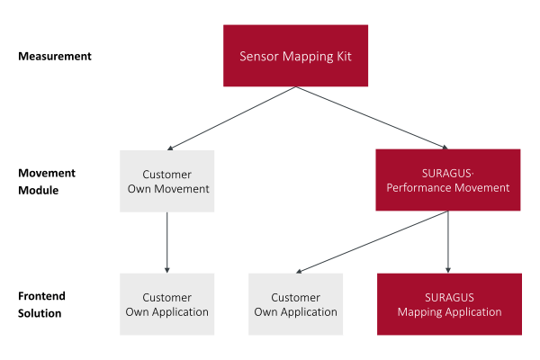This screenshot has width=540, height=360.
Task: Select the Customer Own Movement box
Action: coord(167,181)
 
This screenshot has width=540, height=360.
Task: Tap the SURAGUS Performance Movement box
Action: coord(447,180)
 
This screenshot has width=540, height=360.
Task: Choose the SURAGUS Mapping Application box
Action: coord(449,304)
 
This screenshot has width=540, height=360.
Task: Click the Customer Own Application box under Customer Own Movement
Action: coord(167,304)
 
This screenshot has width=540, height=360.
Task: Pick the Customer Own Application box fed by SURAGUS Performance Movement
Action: coord(295,304)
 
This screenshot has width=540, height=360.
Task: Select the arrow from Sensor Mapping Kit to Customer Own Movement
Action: coord(230,119)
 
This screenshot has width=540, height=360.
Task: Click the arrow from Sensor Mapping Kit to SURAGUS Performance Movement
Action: coord(371,119)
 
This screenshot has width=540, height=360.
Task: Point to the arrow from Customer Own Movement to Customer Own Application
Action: coord(167,242)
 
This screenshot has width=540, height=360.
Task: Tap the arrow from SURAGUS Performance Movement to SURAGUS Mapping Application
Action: coord(448,242)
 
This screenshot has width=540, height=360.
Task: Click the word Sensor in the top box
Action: coord(259,56)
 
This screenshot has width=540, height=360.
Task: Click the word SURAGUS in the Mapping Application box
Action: coord(449,297)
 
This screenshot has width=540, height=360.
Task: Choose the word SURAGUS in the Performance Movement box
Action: coord(446,173)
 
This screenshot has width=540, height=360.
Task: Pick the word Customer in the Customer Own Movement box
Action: coord(167,174)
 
